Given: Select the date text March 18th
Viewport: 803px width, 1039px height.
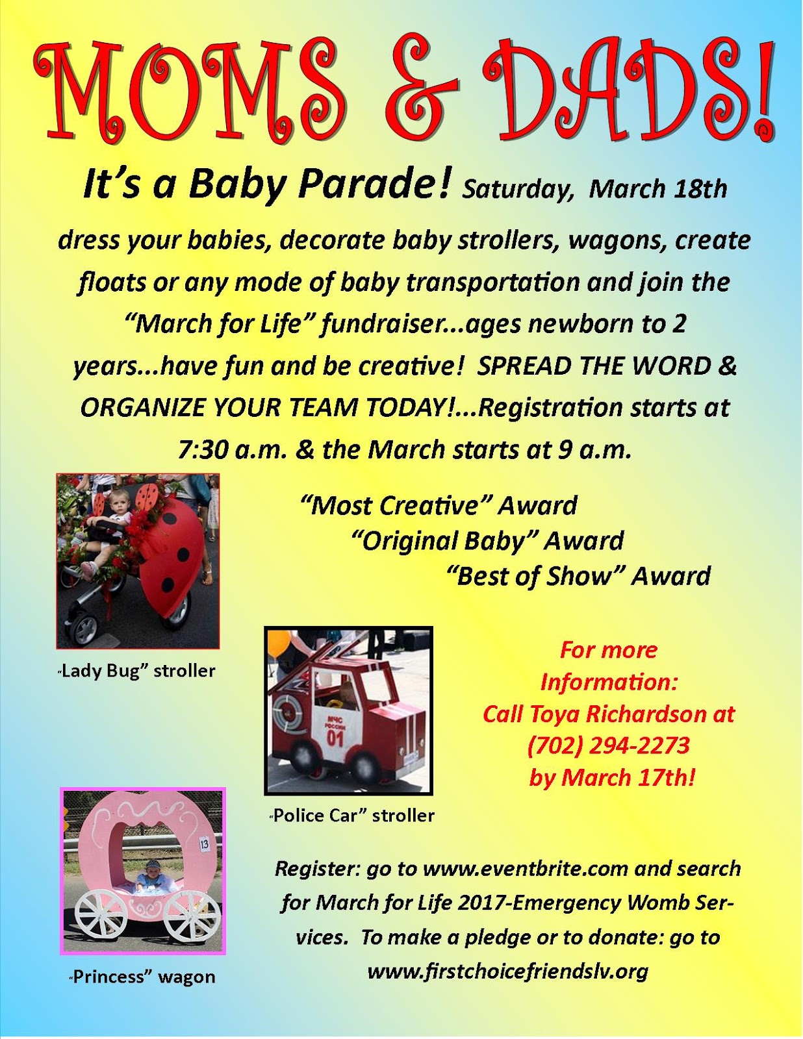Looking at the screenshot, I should [x=657, y=189].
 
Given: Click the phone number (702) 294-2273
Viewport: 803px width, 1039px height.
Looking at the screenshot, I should [x=609, y=745].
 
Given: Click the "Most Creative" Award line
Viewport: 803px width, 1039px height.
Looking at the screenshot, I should [x=439, y=505].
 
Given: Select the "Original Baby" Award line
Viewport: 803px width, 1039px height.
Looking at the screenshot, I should [x=487, y=540].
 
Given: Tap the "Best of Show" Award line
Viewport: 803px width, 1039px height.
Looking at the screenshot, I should [x=579, y=576].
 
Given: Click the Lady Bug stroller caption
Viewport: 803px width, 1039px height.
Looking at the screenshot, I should [x=136, y=670].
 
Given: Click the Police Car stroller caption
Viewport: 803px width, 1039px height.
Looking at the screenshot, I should [x=352, y=815].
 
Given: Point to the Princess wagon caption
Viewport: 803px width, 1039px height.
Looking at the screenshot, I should [x=142, y=977].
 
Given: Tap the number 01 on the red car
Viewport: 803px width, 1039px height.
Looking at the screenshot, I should [x=335, y=738].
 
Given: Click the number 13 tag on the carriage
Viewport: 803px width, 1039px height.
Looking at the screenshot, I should [x=204, y=844].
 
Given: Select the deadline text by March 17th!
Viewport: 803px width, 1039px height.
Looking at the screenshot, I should [x=612, y=777].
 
